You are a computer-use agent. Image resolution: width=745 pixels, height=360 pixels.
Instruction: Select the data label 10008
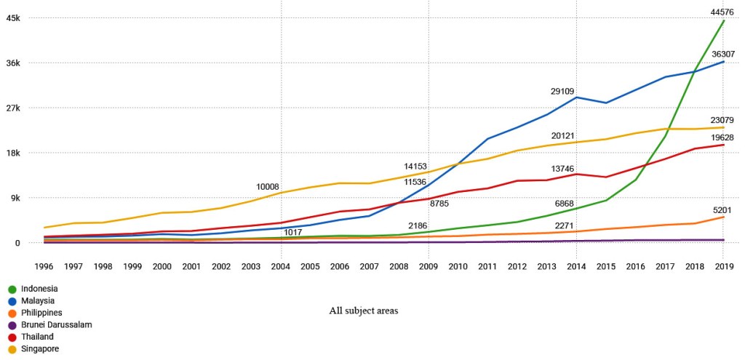267,187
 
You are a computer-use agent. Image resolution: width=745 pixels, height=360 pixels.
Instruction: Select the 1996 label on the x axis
44,267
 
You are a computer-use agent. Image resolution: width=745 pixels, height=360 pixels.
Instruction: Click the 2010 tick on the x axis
458,267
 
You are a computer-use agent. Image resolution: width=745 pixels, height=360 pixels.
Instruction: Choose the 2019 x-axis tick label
722,267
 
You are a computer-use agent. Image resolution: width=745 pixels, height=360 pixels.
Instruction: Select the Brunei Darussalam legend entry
56,325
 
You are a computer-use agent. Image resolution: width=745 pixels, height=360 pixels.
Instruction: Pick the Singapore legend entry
40,349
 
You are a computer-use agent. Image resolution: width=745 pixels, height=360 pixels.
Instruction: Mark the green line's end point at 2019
723,21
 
